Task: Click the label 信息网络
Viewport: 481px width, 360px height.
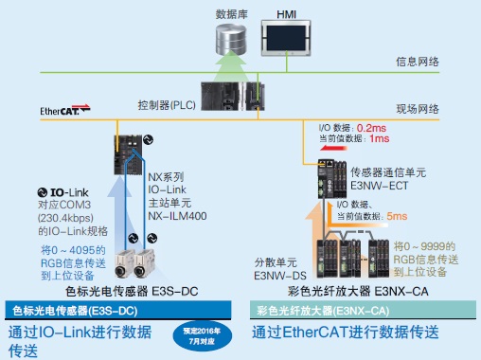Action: (x=417, y=63)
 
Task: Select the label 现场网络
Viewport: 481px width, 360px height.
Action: (x=417, y=111)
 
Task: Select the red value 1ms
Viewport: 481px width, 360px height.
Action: (x=379, y=138)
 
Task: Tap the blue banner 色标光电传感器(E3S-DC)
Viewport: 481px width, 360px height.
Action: (x=80, y=309)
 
